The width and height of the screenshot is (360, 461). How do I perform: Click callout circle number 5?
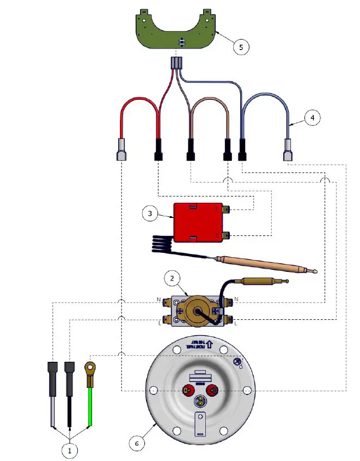(241, 46)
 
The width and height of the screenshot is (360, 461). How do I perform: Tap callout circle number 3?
(150, 214)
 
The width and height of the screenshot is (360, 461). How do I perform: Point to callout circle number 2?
(172, 279)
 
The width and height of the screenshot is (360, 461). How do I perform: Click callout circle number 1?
(70, 450)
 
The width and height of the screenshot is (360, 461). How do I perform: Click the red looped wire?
(139, 107)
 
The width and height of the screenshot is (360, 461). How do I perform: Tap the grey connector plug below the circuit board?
(176, 62)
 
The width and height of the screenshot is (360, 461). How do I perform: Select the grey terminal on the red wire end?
(121, 149)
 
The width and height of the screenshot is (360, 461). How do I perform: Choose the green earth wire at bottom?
(89, 409)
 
